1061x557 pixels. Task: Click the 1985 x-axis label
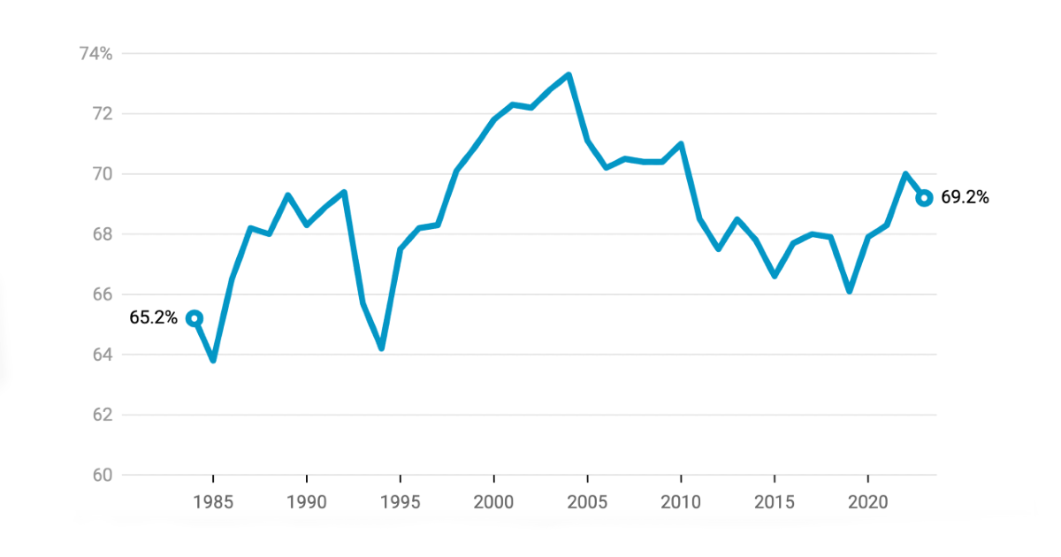[213, 501]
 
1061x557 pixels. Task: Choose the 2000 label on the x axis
[493, 501]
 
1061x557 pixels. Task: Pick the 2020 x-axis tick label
[867, 501]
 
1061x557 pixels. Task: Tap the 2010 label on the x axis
[681, 501]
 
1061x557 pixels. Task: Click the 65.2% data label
[154, 317]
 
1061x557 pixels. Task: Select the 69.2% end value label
[965, 198]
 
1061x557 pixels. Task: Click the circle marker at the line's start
[195, 318]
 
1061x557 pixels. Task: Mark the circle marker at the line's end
[924, 198]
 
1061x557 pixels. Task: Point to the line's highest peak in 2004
[569, 75]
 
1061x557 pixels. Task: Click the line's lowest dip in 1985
[213, 360]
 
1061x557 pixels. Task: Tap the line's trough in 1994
[381, 347]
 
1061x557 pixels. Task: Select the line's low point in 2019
[849, 291]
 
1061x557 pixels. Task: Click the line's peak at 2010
[681, 144]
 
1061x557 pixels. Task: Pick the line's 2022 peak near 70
[905, 174]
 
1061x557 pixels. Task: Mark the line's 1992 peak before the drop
[344, 192]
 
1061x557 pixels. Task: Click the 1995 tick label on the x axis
[400, 501]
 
